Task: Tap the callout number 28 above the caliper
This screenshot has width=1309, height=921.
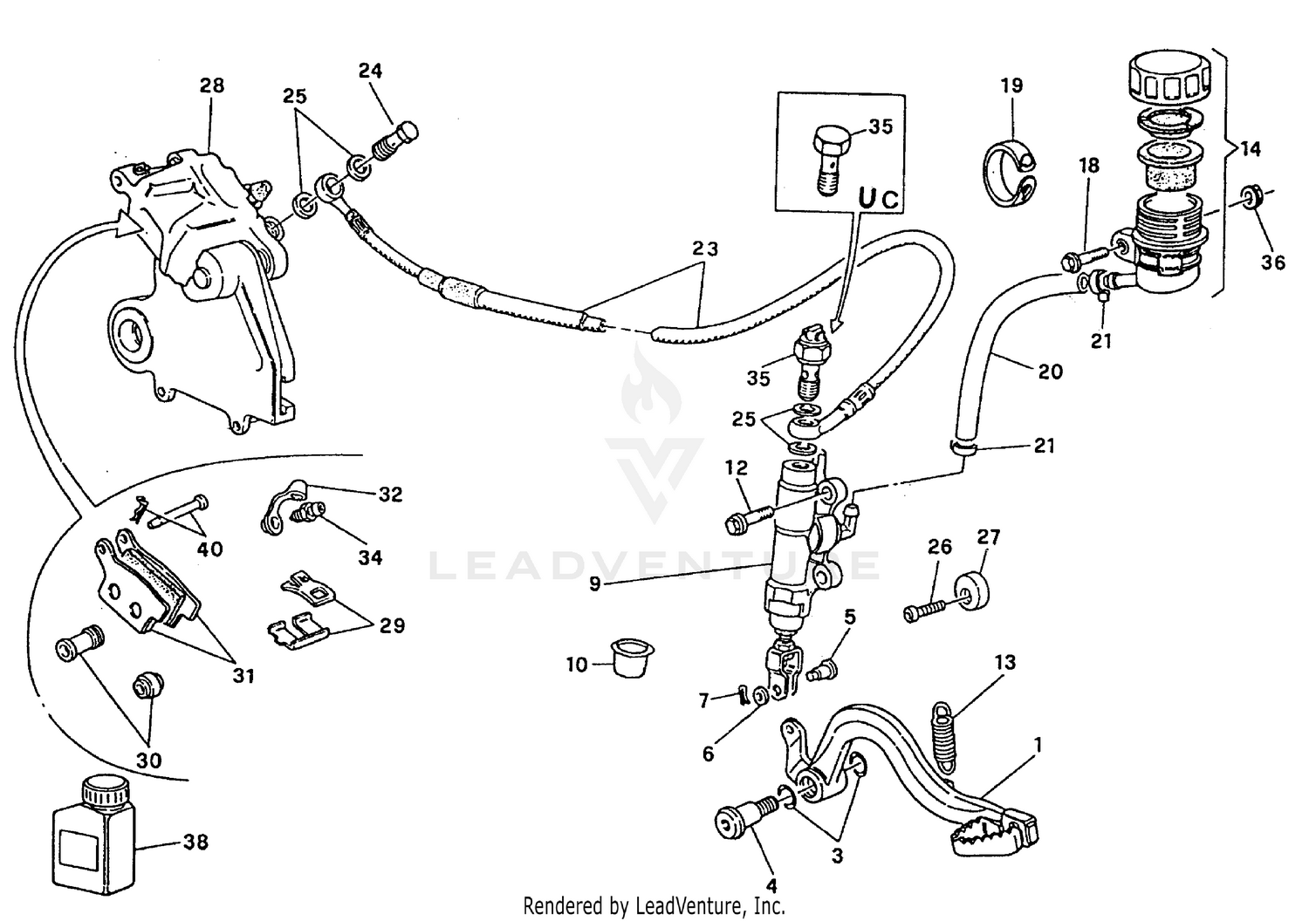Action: click(x=211, y=85)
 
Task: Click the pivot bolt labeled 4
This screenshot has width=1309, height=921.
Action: click(x=739, y=820)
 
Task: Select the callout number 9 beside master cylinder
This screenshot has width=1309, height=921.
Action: click(x=595, y=583)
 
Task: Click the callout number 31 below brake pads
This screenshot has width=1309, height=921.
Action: click(x=243, y=675)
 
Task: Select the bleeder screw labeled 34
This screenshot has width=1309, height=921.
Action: click(x=308, y=514)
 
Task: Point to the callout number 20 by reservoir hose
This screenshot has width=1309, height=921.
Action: click(x=1051, y=372)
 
